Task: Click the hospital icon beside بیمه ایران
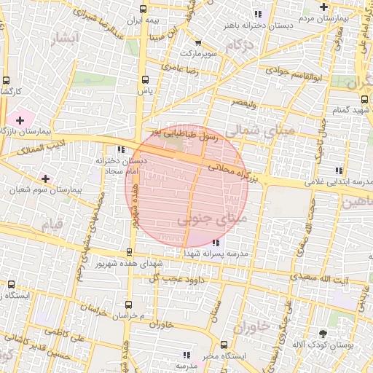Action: (142, 9)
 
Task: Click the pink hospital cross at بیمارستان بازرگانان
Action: (19, 119)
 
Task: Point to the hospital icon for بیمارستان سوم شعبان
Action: (46, 178)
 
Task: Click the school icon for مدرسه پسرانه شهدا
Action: (215, 242)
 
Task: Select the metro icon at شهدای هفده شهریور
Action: (130, 252)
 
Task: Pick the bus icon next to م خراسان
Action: (128, 305)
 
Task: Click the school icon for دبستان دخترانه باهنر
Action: (257, 14)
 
